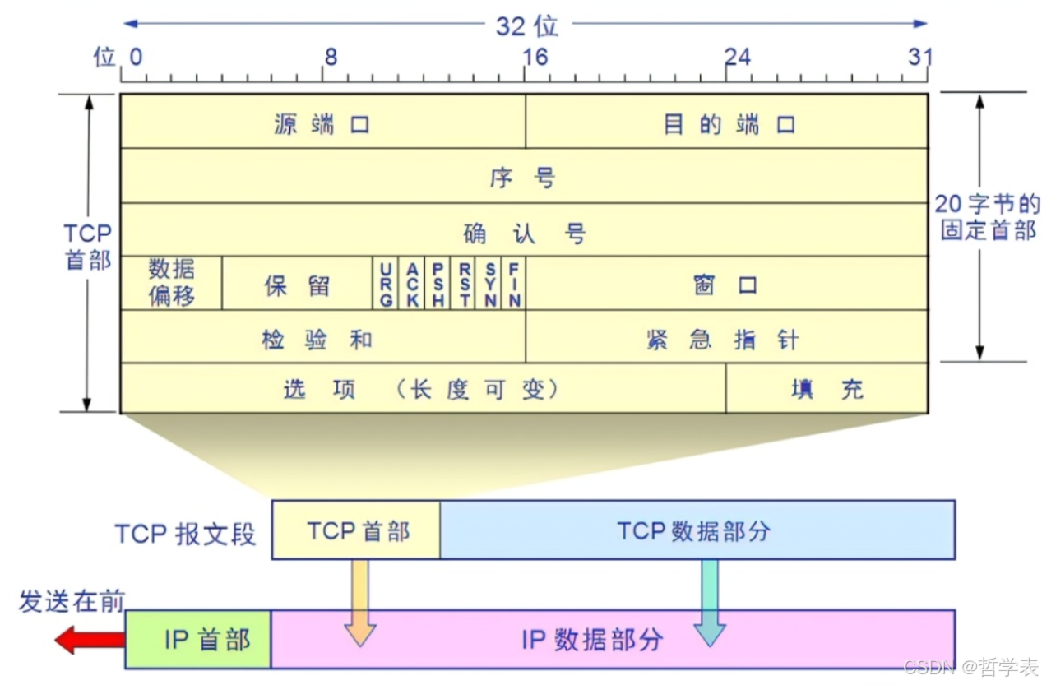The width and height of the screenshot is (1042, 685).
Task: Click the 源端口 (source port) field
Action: [322, 124]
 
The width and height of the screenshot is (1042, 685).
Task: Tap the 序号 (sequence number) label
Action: [523, 177]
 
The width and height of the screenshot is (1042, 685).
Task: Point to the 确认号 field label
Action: [525, 234]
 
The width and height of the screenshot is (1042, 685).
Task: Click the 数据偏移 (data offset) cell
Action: [172, 282]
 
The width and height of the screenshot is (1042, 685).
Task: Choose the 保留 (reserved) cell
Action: [297, 285]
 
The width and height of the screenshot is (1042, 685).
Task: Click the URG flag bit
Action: [386, 284]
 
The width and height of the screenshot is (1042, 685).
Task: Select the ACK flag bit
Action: [413, 284]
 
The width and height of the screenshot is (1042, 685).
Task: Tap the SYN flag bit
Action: [490, 284]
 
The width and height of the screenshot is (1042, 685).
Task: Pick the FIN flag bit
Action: [514, 284]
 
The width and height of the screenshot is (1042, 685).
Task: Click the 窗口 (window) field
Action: [725, 285]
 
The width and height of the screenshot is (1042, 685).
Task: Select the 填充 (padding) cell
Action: [827, 389]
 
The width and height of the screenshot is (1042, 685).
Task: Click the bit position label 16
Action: [535, 56]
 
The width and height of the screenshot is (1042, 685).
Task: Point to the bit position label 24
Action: [737, 56]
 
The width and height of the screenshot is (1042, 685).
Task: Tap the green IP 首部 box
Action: [198, 639]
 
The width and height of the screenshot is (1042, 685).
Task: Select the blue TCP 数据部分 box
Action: [697, 530]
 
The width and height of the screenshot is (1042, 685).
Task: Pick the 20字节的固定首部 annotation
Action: [988, 217]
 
